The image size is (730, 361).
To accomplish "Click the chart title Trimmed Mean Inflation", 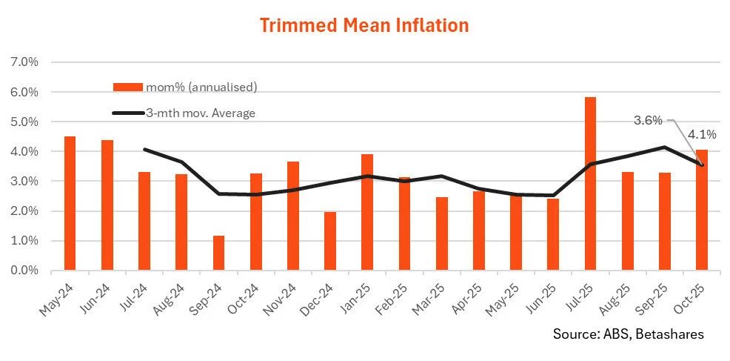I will coord(364,25).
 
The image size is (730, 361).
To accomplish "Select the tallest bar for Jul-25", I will coord(590,184).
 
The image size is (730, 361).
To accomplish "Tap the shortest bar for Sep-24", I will coord(218,253).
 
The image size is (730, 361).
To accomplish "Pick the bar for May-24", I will coord(70,203).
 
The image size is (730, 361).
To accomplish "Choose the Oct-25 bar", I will coord(701,210).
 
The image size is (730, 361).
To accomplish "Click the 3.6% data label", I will coord(648,119).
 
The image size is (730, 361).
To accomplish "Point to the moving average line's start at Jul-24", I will coord(144,149).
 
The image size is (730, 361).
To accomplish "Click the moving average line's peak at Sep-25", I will coord(664,147).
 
